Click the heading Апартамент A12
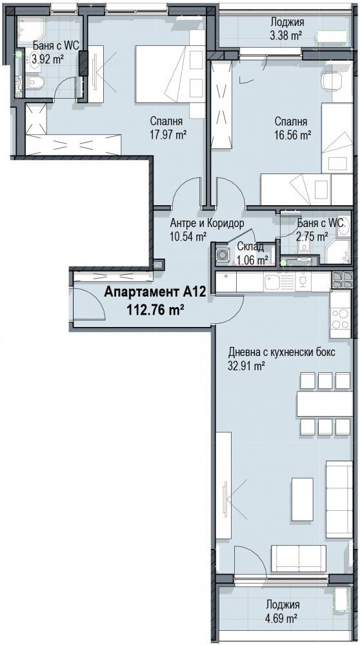tap(154, 292)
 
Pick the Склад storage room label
tap(250, 248)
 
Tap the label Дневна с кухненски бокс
tap(282, 353)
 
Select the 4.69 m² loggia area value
tap(282, 618)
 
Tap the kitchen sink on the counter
tap(273, 282)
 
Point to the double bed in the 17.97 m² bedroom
tap(170, 74)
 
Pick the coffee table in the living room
tap(303, 499)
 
